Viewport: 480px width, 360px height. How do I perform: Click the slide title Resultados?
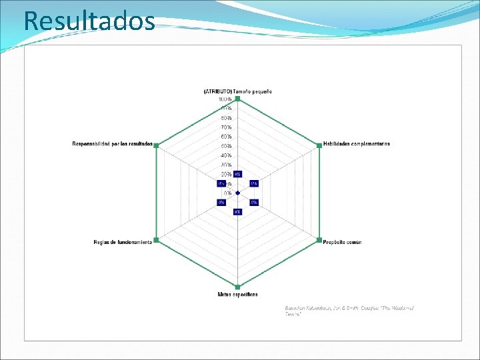coord(89,21)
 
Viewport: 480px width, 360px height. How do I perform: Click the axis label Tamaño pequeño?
coord(237,91)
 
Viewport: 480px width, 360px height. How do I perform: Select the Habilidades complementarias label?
coord(357,143)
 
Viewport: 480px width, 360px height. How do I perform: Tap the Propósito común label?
coord(343,242)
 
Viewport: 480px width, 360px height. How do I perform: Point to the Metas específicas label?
coord(237,294)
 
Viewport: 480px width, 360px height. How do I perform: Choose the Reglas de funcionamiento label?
coord(122,242)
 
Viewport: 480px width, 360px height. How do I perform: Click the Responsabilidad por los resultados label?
coord(112,143)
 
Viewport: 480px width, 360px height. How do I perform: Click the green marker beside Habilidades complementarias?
coord(320,145)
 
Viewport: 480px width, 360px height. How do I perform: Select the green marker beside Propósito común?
coord(320,240)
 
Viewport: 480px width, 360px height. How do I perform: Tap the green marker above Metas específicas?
coord(237,287)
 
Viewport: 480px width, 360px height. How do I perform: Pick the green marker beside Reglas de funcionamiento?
coord(155,240)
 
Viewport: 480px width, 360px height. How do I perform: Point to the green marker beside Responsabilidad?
coord(155,145)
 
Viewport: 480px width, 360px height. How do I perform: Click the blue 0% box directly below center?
coord(237,212)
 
